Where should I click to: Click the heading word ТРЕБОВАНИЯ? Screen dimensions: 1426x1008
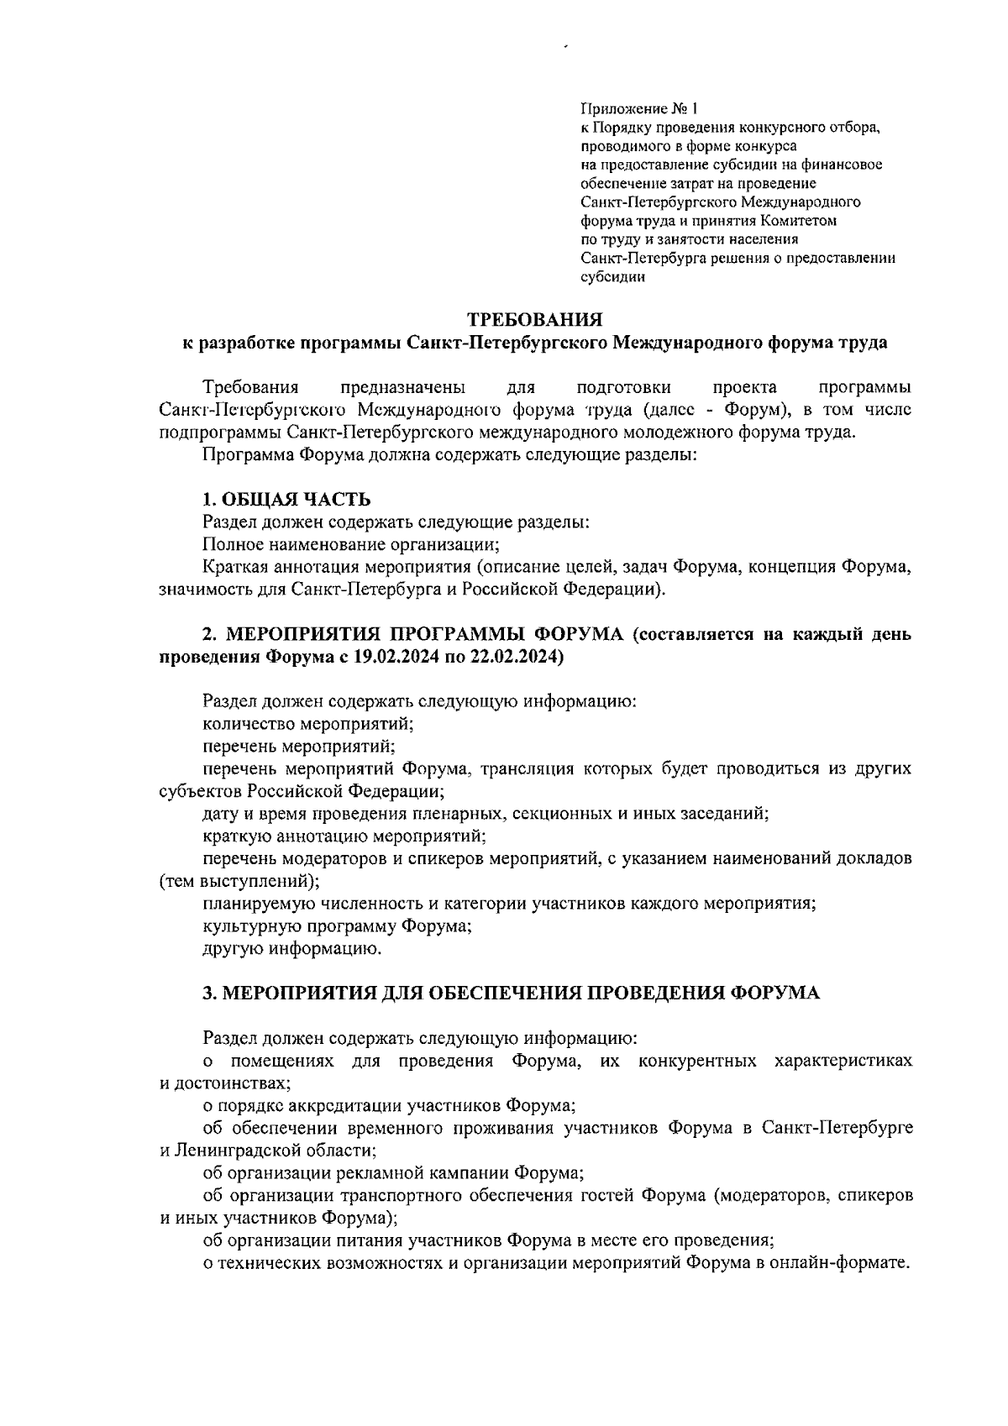point(535,319)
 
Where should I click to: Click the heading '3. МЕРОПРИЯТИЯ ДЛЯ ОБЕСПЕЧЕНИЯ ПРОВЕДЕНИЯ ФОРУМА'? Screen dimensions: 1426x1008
point(511,993)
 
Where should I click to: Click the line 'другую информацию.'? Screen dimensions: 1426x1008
point(292,949)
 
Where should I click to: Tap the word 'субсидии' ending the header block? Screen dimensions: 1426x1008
point(612,277)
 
